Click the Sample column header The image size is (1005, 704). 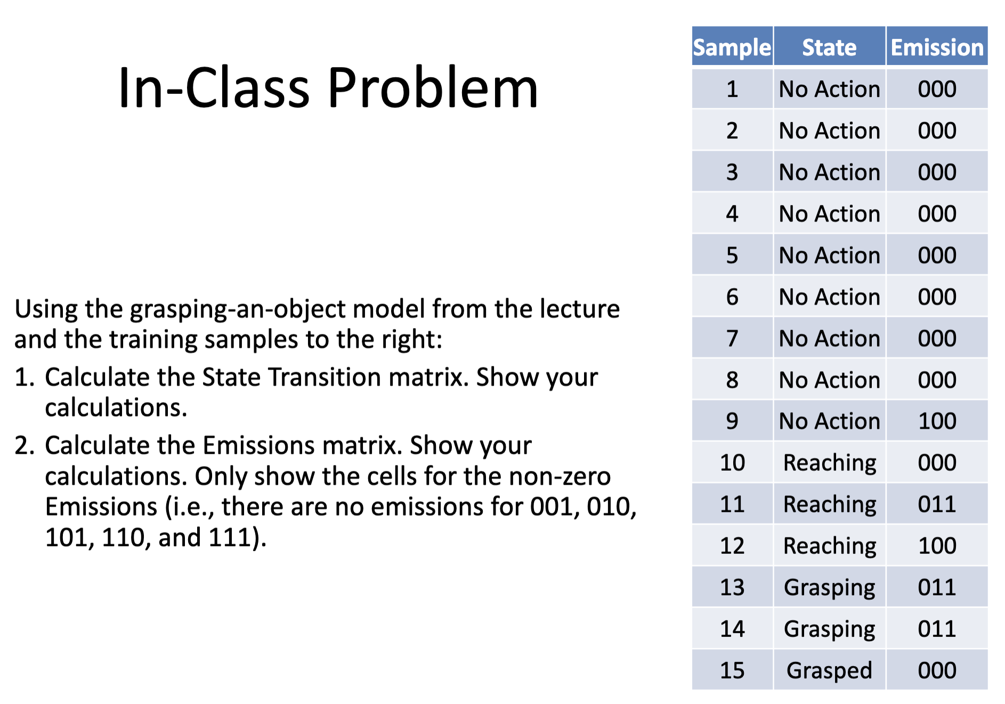click(x=732, y=47)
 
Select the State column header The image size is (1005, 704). click(x=829, y=47)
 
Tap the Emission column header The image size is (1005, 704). click(x=937, y=47)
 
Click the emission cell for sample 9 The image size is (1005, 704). click(x=937, y=421)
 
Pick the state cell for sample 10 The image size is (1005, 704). click(x=829, y=463)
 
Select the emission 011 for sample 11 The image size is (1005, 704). click(x=937, y=504)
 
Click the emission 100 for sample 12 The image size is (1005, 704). click(x=937, y=546)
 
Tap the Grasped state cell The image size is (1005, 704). click(x=829, y=670)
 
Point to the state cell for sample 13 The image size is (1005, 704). click(x=829, y=587)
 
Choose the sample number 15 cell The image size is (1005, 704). click(x=732, y=670)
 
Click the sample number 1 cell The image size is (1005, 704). click(x=732, y=89)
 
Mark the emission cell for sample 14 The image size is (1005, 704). click(x=937, y=629)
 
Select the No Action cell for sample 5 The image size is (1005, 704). click(x=829, y=255)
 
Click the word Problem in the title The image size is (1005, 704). click(x=432, y=88)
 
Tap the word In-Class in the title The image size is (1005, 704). click(x=213, y=88)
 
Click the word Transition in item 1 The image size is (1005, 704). click(x=327, y=378)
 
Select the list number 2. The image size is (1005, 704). click(x=25, y=446)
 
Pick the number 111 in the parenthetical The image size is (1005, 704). click(x=230, y=537)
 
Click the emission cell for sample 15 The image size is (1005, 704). click(x=937, y=670)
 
